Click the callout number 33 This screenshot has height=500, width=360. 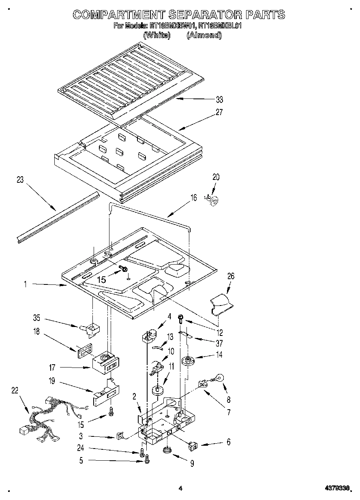coord(219,100)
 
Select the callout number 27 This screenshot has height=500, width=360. coord(219,113)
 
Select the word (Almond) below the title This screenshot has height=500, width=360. coord(204,35)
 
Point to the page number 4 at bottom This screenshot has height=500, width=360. coord(180,489)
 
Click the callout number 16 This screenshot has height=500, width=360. coord(194,197)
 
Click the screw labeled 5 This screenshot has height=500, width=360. coord(147,459)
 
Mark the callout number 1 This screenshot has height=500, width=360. coord(25,285)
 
